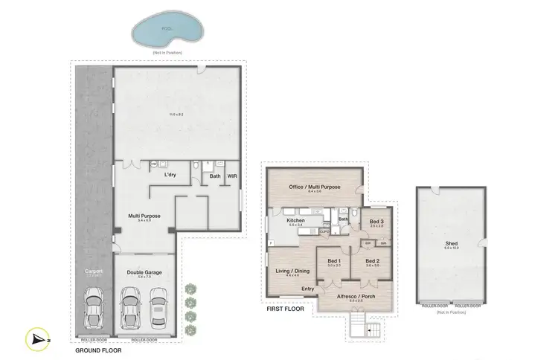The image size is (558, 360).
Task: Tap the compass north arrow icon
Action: point(38,338)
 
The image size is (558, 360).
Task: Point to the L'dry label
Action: point(170,175)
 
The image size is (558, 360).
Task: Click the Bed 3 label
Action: point(376,222)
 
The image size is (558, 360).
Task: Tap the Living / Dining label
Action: point(292,271)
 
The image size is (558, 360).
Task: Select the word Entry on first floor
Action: point(307,288)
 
